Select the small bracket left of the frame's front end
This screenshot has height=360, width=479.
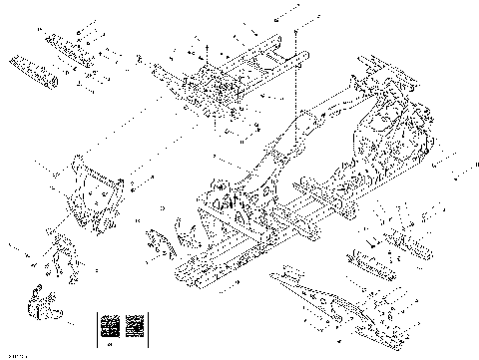[159, 242]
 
